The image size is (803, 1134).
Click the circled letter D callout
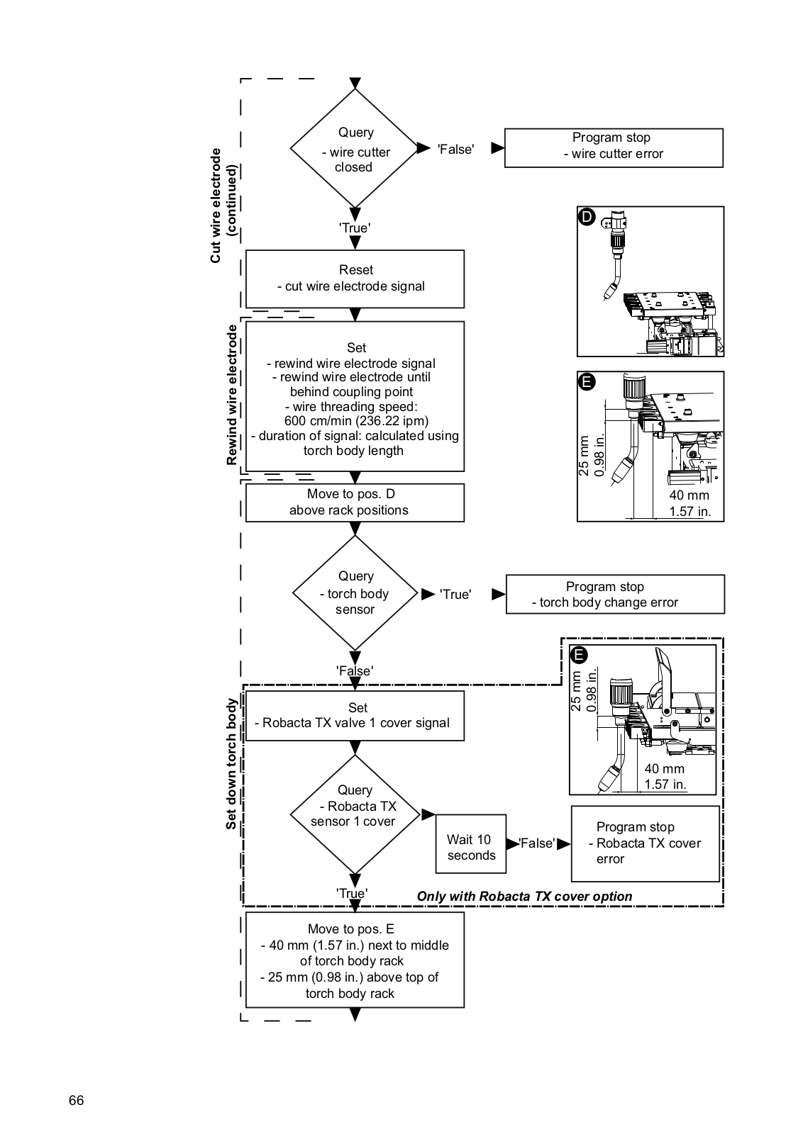point(586,217)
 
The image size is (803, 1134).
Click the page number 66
point(77,1101)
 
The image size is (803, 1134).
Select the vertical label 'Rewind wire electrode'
point(231,395)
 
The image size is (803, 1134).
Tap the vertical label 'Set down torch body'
point(231,764)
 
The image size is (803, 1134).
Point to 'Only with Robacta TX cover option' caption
point(524,896)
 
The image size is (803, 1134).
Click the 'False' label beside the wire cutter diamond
point(456,150)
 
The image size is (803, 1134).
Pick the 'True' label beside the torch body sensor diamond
point(455,595)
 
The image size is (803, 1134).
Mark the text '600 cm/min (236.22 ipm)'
point(356,421)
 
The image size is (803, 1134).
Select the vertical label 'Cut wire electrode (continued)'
point(223,206)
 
